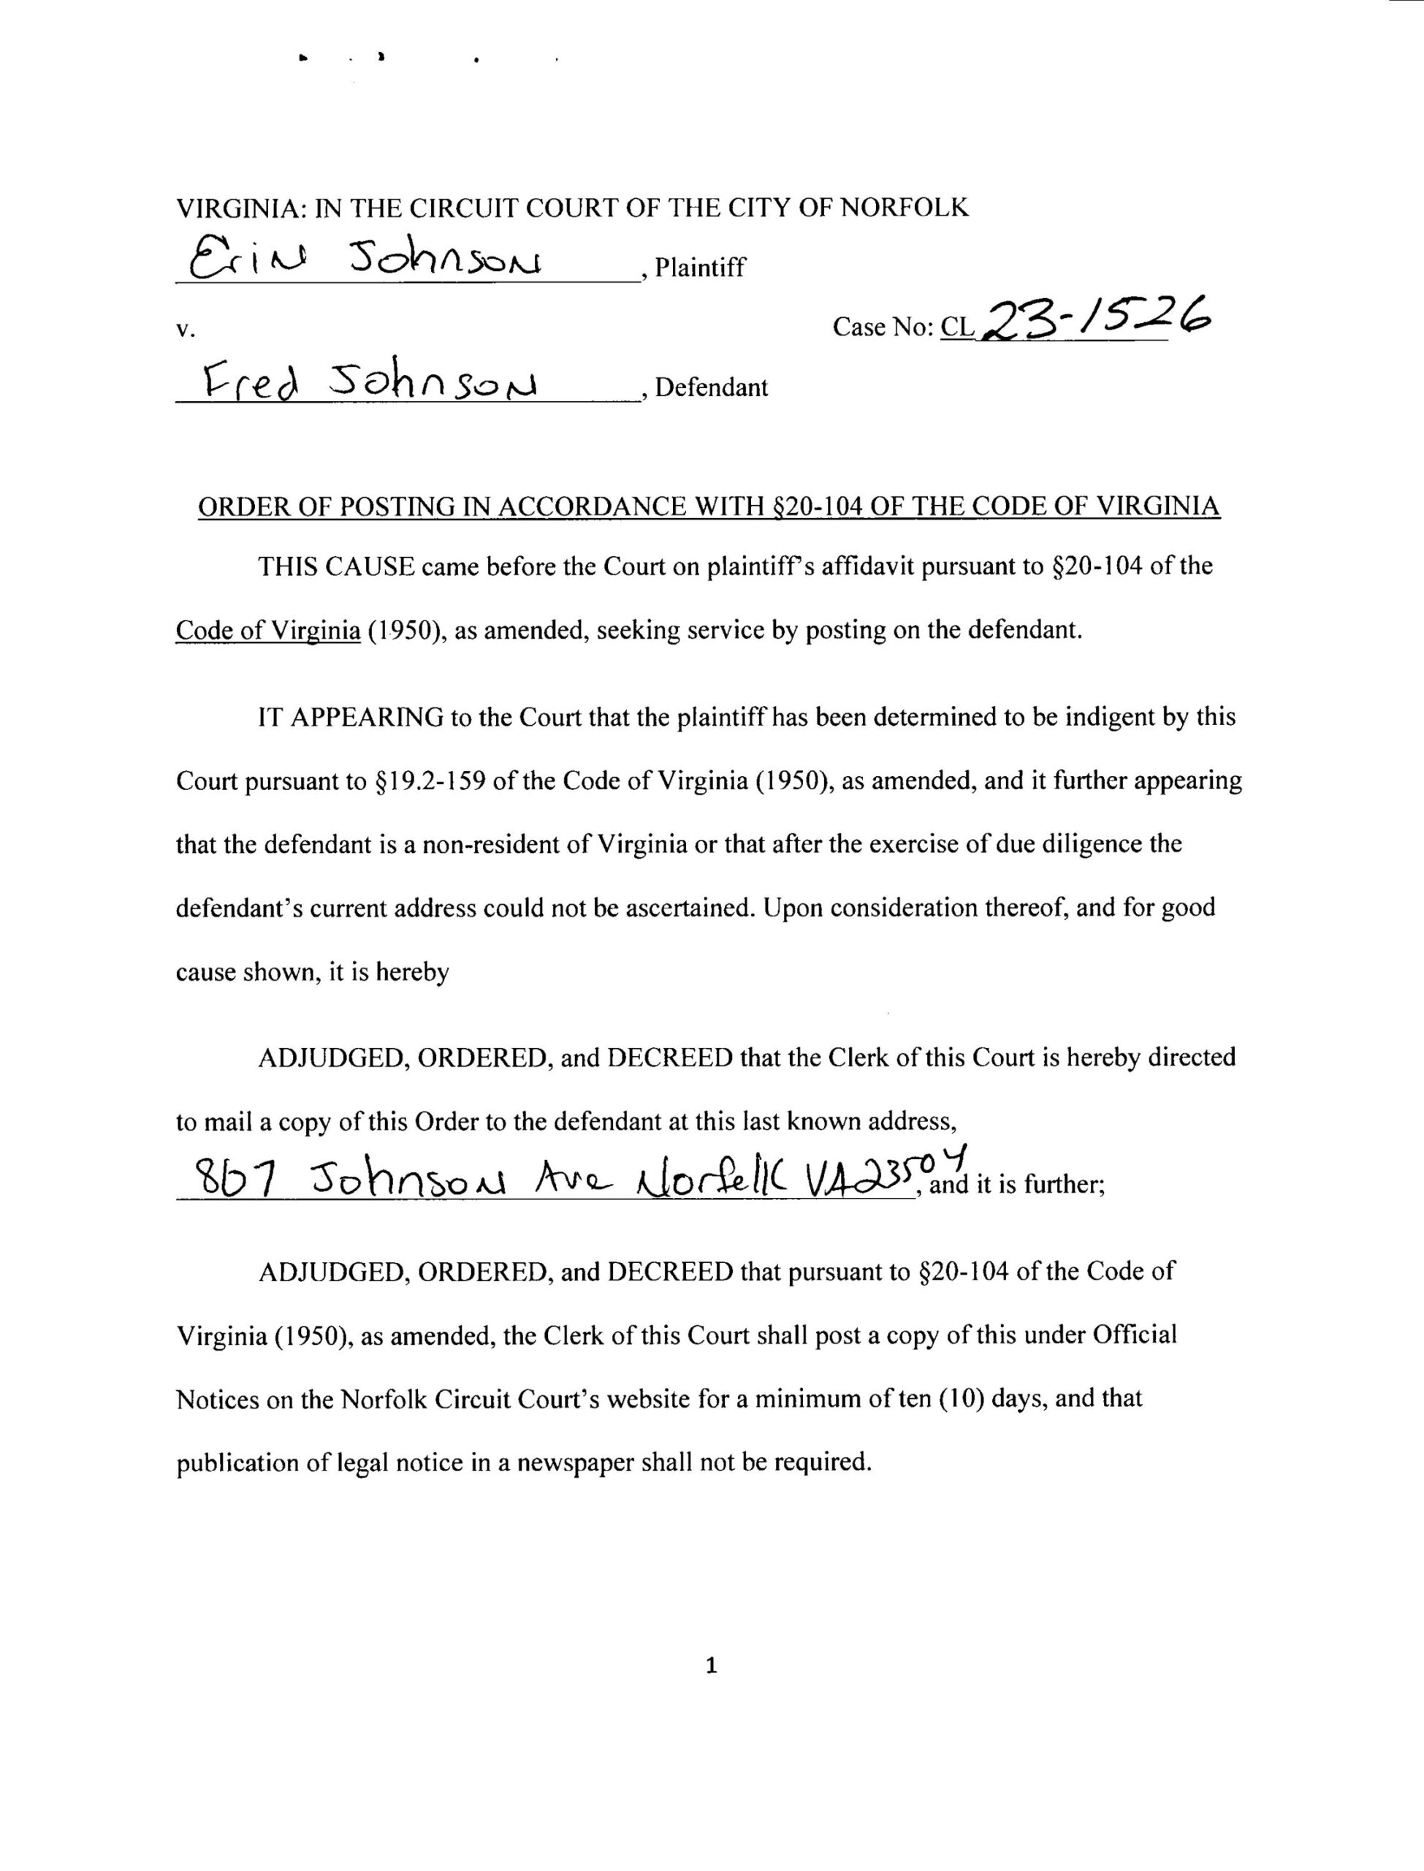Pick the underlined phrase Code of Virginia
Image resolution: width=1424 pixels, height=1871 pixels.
(268, 631)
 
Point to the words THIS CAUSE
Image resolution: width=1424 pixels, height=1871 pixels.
(335, 566)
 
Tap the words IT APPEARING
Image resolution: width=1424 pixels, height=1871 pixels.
(351, 717)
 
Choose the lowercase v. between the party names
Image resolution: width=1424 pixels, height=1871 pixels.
(185, 330)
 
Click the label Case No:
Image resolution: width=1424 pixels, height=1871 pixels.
(883, 327)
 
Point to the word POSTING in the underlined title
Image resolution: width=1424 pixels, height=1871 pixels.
(397, 507)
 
